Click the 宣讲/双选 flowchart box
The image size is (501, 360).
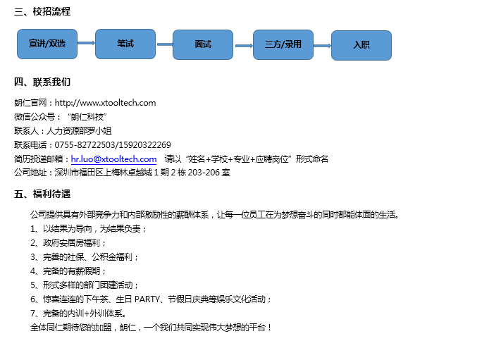[47, 44]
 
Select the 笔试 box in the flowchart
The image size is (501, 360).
[125, 44]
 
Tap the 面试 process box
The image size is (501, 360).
[203, 44]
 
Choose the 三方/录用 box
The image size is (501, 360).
[283, 44]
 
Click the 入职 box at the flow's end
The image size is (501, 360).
[361, 45]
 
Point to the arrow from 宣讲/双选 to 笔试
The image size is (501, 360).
[86, 43]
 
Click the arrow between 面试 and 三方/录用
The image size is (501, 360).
[244, 46]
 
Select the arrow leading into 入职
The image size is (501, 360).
[323, 46]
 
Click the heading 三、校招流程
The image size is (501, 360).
[42, 11]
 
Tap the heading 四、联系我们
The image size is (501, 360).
[42, 82]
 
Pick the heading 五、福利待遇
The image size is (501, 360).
[42, 194]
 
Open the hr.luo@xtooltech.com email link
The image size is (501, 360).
[113, 159]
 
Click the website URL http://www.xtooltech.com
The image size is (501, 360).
[106, 103]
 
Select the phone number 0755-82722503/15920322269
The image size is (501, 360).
[113, 145]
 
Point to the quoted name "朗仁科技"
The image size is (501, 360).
[87, 117]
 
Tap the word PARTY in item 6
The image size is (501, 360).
[147, 299]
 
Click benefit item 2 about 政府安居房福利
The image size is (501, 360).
[68, 243]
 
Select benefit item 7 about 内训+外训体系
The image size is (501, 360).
[78, 314]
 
